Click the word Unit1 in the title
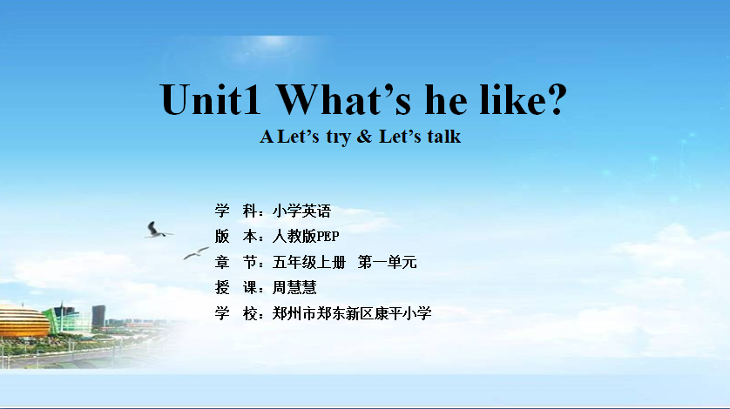tap(211, 99)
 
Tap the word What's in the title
tap(343, 99)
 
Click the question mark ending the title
tap(557, 99)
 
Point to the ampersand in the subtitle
tap(364, 137)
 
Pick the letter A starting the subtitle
tap(267, 137)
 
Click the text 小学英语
tap(301, 211)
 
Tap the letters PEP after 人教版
tap(328, 237)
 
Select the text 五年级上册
tap(309, 263)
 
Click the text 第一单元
tap(388, 263)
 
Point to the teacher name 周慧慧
tap(294, 287)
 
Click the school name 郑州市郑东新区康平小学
tap(352, 313)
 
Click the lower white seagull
tap(196, 253)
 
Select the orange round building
tap(24, 320)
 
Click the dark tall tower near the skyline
tap(98, 317)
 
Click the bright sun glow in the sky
tap(272, 44)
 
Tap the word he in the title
tap(445, 99)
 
